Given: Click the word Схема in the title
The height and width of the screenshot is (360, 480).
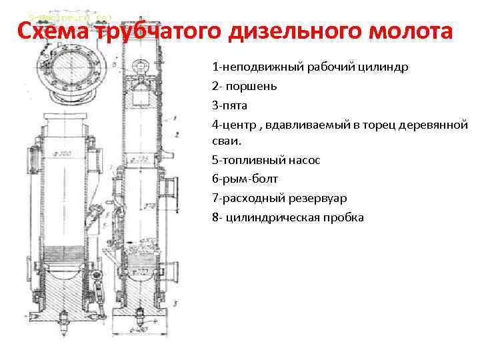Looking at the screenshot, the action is click(53, 31).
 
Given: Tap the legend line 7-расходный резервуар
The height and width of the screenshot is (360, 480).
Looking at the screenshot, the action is click(279, 198).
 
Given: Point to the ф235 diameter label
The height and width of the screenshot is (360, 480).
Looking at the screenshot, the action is click(140, 158).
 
